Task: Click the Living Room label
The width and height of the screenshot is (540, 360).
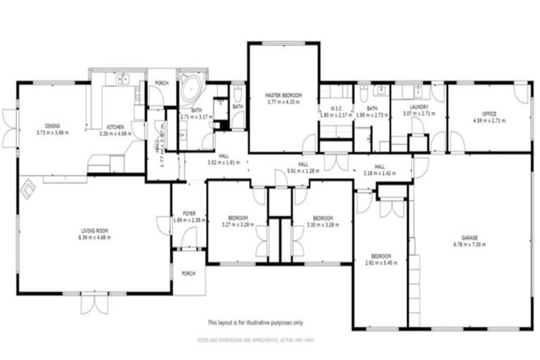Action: (x=95, y=229)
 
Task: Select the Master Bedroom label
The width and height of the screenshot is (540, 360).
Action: (x=283, y=94)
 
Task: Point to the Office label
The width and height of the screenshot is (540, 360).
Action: (x=489, y=113)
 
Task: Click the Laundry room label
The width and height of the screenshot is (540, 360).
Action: (x=418, y=107)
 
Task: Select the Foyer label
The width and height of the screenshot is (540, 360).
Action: (x=188, y=214)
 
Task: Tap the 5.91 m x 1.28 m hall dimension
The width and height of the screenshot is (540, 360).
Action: (x=303, y=171)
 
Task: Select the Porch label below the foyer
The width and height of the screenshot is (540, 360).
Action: (x=188, y=274)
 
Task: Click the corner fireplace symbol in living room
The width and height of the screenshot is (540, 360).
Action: (x=27, y=188)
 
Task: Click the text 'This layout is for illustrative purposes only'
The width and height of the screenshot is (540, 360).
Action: (x=255, y=323)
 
